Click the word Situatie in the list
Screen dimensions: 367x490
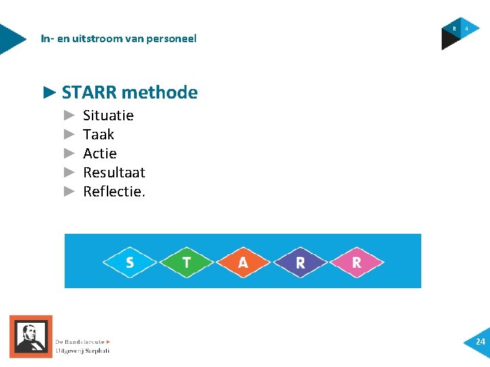point(108,116)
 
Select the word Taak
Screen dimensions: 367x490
point(99,135)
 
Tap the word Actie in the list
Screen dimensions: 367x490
point(100,154)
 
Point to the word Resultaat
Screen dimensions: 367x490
point(114,173)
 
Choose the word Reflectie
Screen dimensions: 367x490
point(114,192)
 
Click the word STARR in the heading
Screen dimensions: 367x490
point(88,92)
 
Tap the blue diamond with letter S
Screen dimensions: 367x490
point(130,262)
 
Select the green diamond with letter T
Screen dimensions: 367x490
point(186,262)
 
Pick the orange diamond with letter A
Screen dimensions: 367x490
point(243,262)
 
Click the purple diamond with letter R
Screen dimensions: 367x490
point(300,262)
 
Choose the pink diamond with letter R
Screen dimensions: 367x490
point(357,262)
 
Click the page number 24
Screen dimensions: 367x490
point(480,341)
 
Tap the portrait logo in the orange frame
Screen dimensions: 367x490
point(31,336)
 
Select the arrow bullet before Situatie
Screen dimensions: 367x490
point(68,116)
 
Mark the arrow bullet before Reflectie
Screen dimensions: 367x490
point(68,192)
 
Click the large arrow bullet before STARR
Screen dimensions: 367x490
point(49,92)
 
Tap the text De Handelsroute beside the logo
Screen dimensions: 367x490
point(80,342)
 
